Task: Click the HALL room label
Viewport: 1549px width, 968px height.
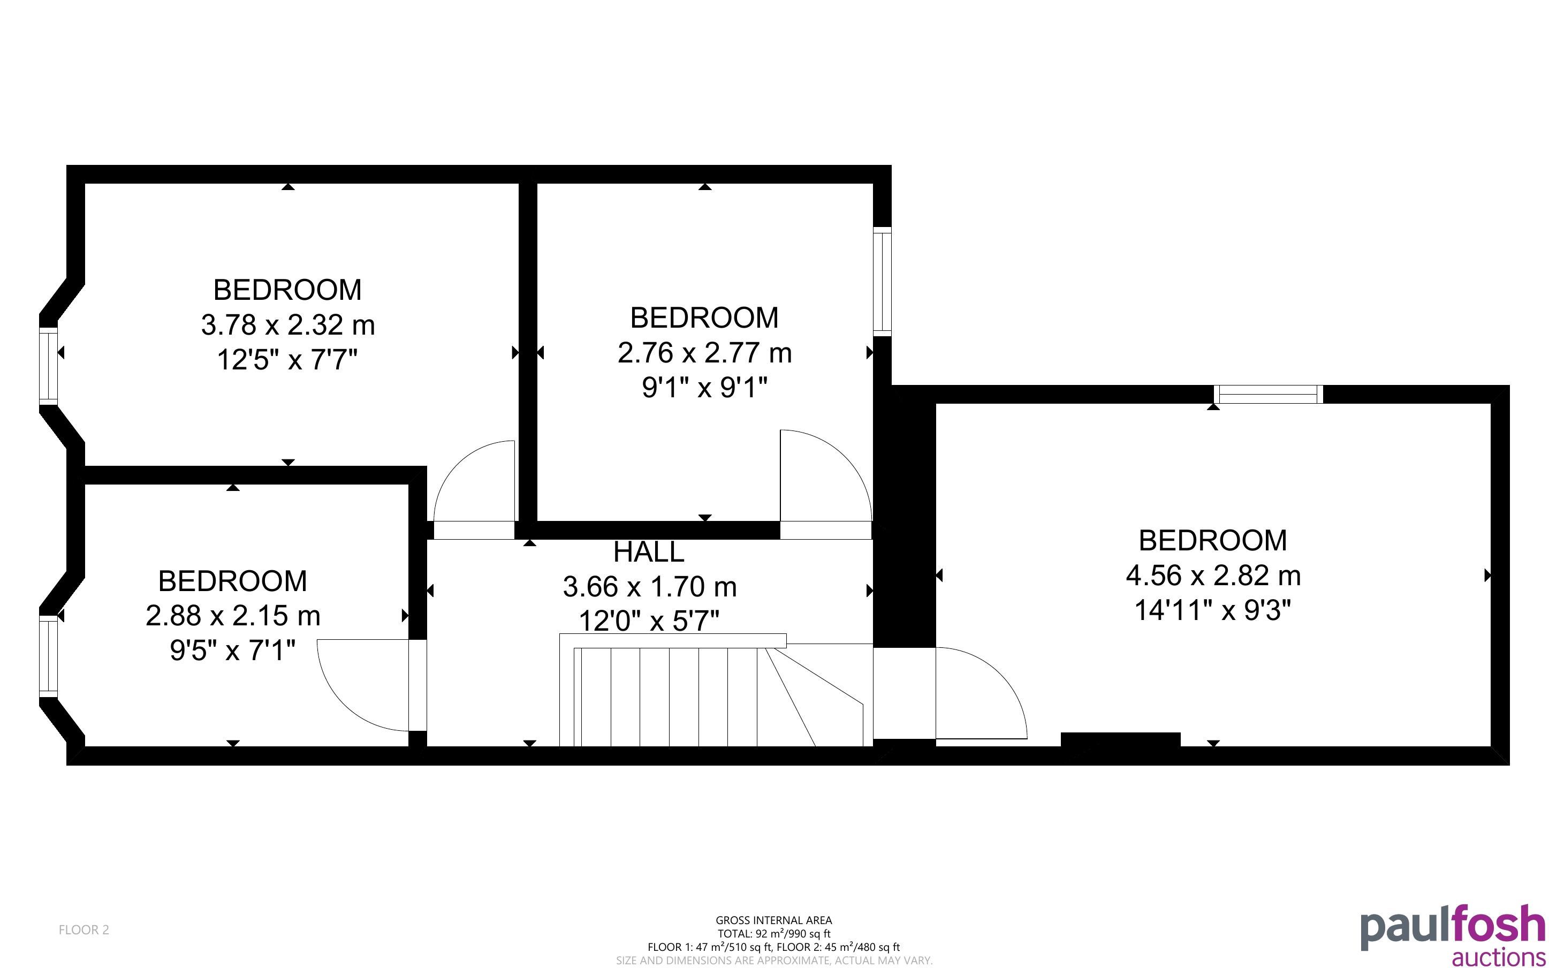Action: (x=649, y=552)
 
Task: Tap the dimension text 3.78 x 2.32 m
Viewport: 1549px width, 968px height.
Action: (x=288, y=324)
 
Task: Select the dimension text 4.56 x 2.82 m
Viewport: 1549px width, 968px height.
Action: (x=1213, y=576)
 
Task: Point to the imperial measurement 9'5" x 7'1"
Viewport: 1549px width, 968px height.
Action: (x=233, y=651)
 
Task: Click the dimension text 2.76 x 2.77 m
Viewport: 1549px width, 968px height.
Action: (x=704, y=353)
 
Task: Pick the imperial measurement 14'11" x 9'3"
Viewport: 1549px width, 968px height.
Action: (x=1213, y=610)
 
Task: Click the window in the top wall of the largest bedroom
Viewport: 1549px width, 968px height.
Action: (x=1268, y=395)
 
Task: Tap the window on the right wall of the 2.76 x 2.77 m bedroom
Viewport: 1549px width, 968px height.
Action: (x=882, y=281)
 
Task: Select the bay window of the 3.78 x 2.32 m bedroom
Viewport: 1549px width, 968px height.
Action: (x=49, y=366)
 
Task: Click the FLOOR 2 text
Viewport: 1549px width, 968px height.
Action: (x=84, y=929)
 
